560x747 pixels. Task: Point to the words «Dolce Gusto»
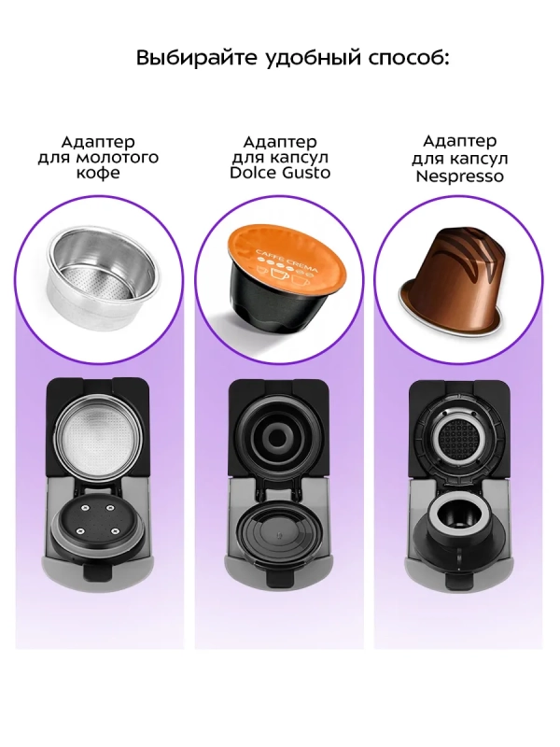[279, 174]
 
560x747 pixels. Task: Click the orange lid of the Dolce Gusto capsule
[291, 251]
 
